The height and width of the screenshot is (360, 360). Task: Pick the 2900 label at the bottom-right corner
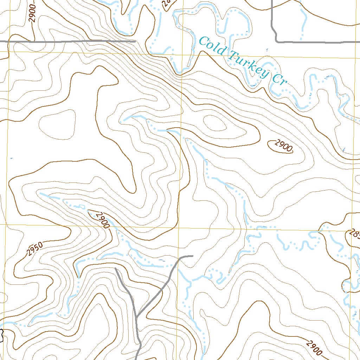click(314, 348)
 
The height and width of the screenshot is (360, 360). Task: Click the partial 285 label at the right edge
click(354, 234)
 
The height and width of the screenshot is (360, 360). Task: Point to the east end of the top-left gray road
click(135, 41)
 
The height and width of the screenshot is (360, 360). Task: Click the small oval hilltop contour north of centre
click(215, 123)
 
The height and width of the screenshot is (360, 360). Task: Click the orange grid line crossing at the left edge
click(6, 224)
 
